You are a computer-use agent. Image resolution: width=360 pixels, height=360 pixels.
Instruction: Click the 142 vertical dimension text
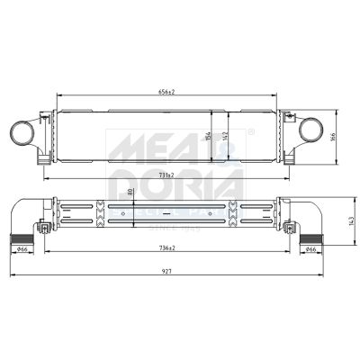230,135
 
